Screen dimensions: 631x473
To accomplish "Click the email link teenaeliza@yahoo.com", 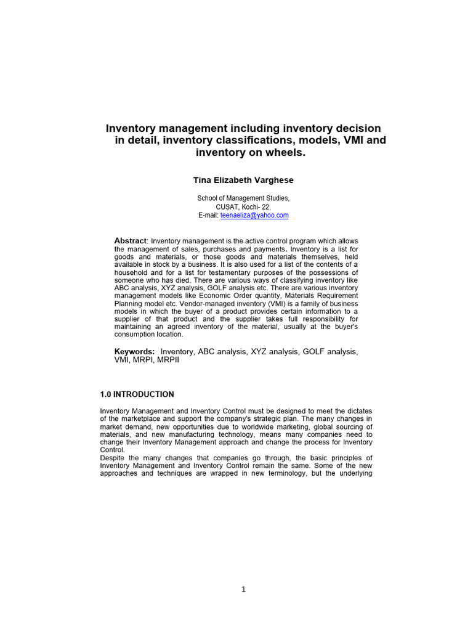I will (x=254, y=216).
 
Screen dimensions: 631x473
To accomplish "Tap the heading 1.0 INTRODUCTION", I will (x=137, y=394).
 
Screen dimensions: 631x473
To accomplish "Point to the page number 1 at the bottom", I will (x=243, y=589).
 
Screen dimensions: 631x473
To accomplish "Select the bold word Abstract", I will (x=131, y=240).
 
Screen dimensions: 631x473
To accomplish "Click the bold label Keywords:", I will (x=134, y=351).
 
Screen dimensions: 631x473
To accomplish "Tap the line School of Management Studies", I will (x=243, y=198).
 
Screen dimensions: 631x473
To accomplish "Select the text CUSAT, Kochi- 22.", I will (x=243, y=207).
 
